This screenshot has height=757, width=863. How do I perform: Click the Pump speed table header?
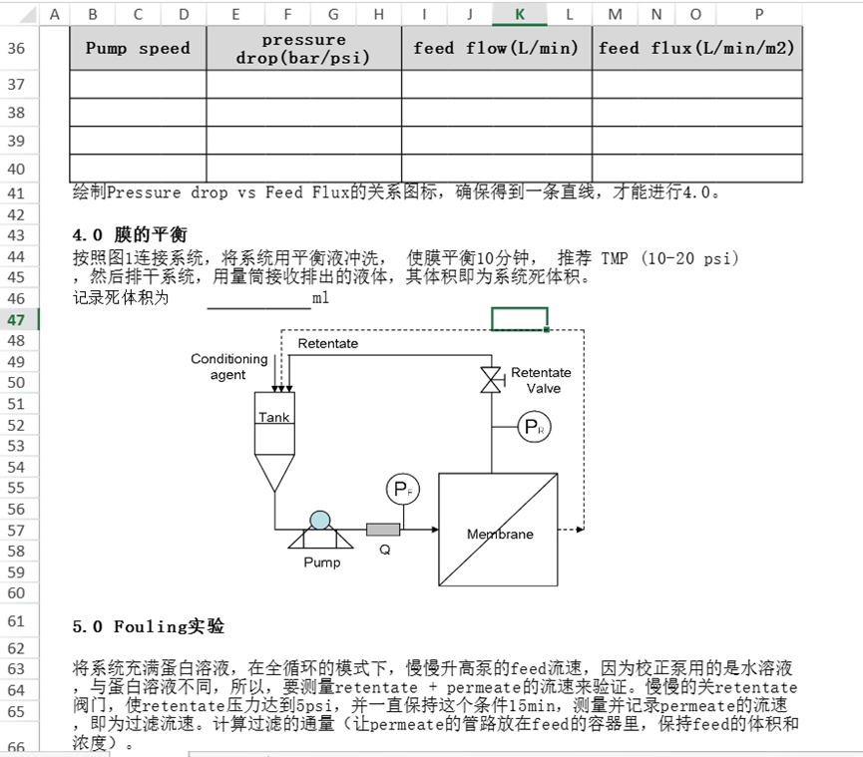tap(138, 48)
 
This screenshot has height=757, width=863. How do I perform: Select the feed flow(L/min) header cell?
tap(496, 48)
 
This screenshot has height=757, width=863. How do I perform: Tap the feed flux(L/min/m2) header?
tap(696, 48)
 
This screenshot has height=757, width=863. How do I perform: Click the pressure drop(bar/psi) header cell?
tap(303, 48)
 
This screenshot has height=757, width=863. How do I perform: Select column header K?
tap(520, 14)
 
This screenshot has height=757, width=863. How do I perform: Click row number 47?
tap(17, 319)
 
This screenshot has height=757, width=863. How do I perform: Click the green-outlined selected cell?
tap(519, 319)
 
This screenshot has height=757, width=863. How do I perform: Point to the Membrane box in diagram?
tap(499, 530)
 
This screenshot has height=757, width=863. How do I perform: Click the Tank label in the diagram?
tap(274, 418)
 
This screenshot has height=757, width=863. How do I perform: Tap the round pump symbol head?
tap(319, 520)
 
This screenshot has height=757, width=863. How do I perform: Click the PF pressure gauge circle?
tap(401, 490)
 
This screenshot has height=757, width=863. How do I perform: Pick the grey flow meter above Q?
tap(383, 530)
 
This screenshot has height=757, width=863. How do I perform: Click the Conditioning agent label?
tap(228, 367)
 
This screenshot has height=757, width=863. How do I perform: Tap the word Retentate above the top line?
tap(327, 344)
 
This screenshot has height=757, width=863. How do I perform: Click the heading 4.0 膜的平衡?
tap(129, 235)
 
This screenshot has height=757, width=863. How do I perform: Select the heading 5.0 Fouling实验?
tap(148, 626)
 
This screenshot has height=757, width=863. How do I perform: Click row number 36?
tap(17, 48)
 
